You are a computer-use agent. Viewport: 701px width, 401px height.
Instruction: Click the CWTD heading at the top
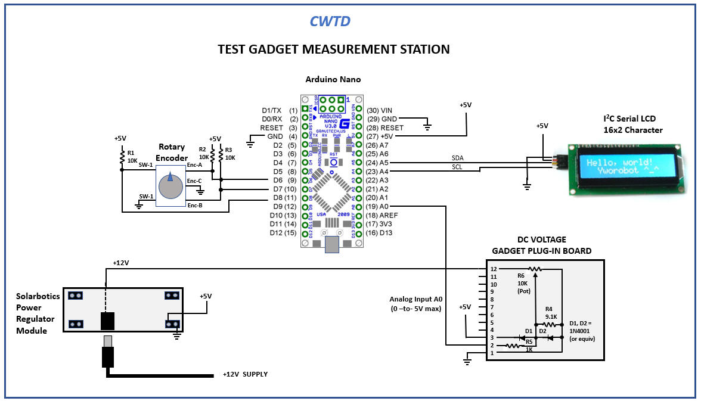330,21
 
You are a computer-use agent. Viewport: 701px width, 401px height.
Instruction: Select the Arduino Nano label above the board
333,79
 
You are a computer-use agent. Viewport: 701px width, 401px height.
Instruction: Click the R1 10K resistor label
132,157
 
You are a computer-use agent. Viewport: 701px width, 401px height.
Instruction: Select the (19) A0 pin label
380,206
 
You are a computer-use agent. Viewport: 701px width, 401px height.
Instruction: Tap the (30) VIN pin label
380,110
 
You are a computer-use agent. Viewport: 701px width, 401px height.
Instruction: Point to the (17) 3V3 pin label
380,223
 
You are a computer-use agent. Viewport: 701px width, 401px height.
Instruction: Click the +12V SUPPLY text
245,374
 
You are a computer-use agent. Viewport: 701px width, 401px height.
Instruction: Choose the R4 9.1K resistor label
549,312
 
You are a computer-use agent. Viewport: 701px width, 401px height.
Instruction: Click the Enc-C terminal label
194,181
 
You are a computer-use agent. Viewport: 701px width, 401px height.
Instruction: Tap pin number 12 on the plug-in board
493,269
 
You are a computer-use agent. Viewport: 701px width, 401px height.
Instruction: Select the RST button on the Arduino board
334,161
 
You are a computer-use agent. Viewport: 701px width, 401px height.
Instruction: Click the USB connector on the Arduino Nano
331,244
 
